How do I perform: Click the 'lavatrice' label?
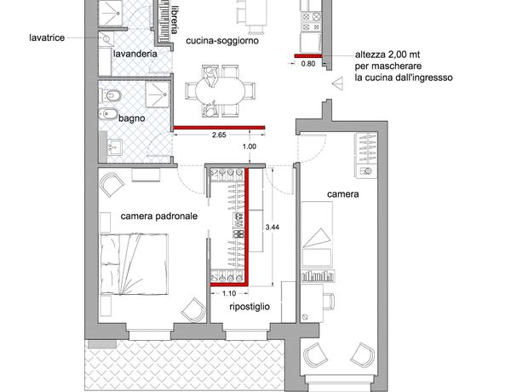pos(47,37)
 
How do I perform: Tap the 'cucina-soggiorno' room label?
pos(222,41)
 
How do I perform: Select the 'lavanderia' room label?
pos(135,54)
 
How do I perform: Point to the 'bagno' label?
pos(132,118)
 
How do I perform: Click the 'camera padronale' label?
pos(159,216)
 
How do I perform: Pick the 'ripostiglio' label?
pos(250,307)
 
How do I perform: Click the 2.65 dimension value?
pos(219,135)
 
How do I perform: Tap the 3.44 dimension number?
pos(273,228)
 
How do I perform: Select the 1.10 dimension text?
pos(229,293)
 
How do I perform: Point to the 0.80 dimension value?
pos(308,64)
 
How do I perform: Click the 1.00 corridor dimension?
pos(250,147)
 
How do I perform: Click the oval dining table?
pos(220,91)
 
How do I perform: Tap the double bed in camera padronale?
pos(134,264)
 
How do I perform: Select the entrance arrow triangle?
pos(337,84)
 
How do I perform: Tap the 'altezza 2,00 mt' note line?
pos(388,55)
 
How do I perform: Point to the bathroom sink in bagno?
pos(114,147)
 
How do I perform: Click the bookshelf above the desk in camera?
pos(318,276)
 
